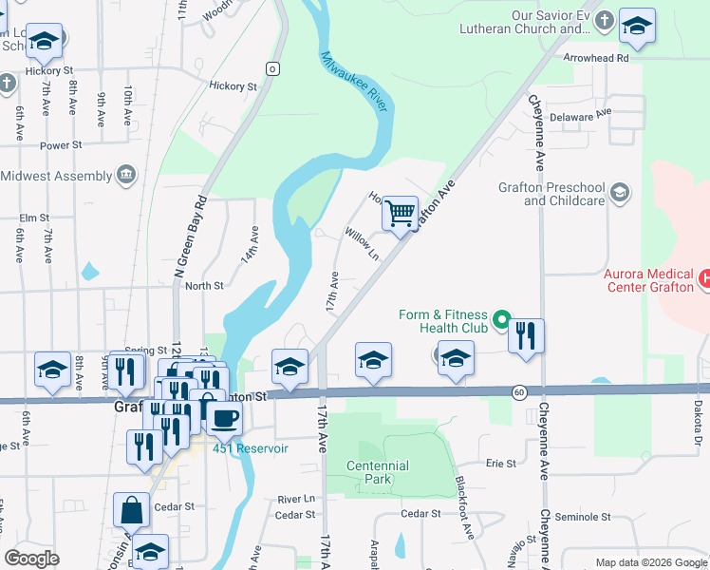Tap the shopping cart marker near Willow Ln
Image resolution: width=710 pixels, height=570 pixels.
[x=401, y=214]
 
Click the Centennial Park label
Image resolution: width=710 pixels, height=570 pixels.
[x=377, y=472]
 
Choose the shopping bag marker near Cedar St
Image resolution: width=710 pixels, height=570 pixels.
[x=131, y=509]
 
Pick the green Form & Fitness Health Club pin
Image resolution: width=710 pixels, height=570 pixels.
[x=504, y=319]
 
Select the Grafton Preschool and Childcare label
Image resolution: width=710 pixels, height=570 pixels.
[x=551, y=194]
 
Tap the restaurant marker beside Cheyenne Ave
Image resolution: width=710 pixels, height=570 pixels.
[x=526, y=336]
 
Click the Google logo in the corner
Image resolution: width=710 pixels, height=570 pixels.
[x=31, y=559]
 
